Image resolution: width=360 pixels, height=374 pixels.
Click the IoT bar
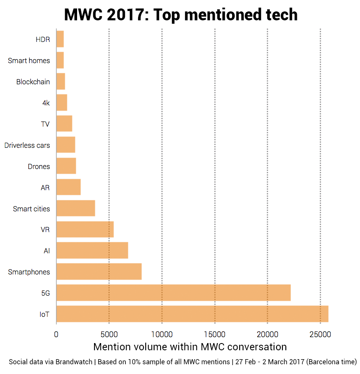192,314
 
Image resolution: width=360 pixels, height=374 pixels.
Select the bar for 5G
173,293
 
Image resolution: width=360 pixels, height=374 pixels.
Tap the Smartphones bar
99,271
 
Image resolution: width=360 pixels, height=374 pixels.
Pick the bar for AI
92,250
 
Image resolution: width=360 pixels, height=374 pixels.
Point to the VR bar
85,229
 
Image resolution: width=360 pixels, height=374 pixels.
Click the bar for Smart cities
75,208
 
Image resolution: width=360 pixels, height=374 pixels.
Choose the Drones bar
66,166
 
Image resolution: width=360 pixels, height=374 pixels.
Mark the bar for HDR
60,39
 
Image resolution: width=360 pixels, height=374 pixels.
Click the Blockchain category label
33,82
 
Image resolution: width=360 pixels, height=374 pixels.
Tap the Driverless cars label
27,145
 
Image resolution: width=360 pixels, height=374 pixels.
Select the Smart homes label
29,61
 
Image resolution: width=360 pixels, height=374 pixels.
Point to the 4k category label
46,103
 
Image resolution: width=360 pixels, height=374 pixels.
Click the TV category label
45,124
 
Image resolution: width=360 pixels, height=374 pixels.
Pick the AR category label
45,188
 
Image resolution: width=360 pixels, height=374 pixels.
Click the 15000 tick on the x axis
215,334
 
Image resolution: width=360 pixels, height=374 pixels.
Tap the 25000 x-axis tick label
320,334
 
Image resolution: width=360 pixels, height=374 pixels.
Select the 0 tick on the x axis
56,334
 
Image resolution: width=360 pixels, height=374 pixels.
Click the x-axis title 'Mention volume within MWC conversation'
190,347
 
